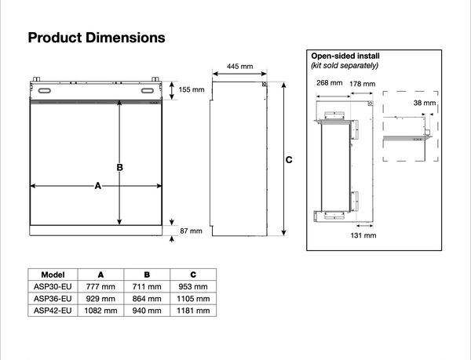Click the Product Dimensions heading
coord(97,38)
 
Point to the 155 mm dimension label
coord(191,90)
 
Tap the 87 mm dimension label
coord(191,231)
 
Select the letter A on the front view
coord(98,186)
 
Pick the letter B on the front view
coord(120,167)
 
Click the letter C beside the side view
coord(290,160)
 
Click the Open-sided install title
coord(346,57)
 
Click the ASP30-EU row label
coord(53,286)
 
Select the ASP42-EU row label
coord(53,311)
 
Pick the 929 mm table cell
coord(100,299)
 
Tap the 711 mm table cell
coord(148,286)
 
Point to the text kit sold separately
coord(346,66)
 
